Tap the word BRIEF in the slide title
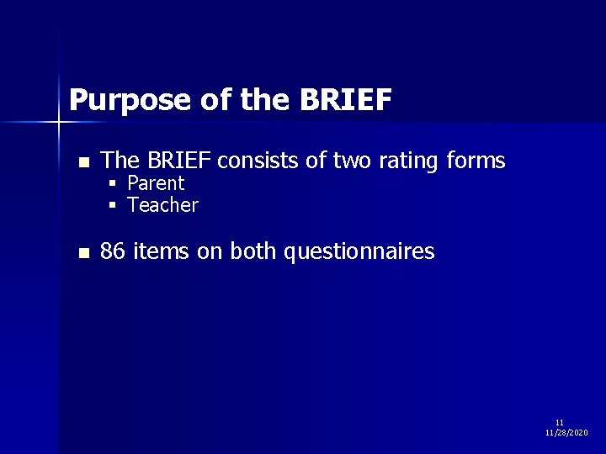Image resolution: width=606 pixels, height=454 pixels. pyautogui.click(x=344, y=100)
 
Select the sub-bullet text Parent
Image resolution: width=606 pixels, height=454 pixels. pyautogui.click(x=156, y=183)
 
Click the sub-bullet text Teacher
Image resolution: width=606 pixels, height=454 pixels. pyautogui.click(x=162, y=205)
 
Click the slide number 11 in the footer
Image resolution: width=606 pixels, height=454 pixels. pyautogui.click(x=560, y=422)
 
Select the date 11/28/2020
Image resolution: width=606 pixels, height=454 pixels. pyautogui.click(x=566, y=432)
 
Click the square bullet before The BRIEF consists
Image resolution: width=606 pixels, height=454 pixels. pyautogui.click(x=82, y=161)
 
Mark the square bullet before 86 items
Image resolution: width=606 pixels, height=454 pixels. pyautogui.click(x=82, y=253)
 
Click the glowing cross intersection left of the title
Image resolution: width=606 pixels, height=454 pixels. pyautogui.click(x=59, y=123)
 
